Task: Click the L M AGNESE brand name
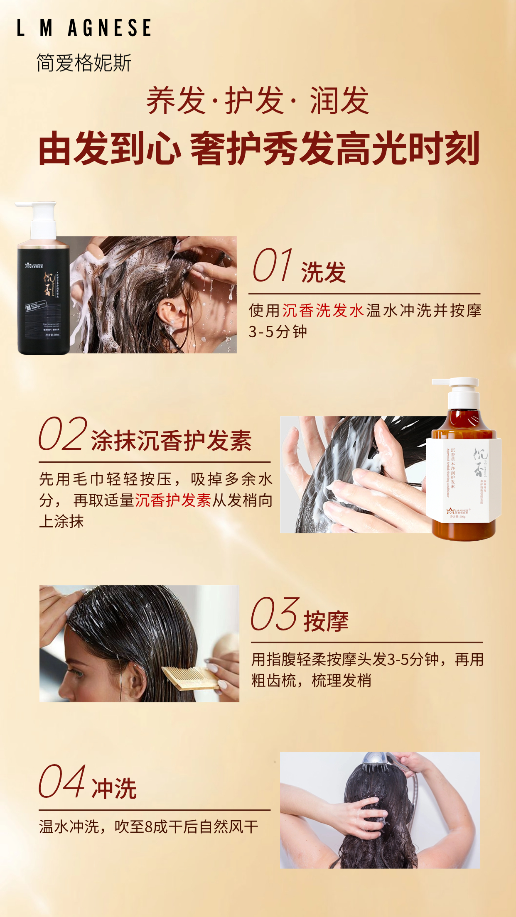click(84, 28)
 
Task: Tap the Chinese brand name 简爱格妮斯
click(84, 63)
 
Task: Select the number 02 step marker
click(63, 434)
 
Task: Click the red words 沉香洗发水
click(323, 311)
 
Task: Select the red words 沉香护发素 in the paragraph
click(173, 500)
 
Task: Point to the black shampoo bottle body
click(43, 303)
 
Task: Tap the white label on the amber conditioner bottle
click(463, 482)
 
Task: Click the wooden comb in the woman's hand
click(189, 677)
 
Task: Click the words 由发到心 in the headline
click(110, 149)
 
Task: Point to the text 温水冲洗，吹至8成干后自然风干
click(149, 826)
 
